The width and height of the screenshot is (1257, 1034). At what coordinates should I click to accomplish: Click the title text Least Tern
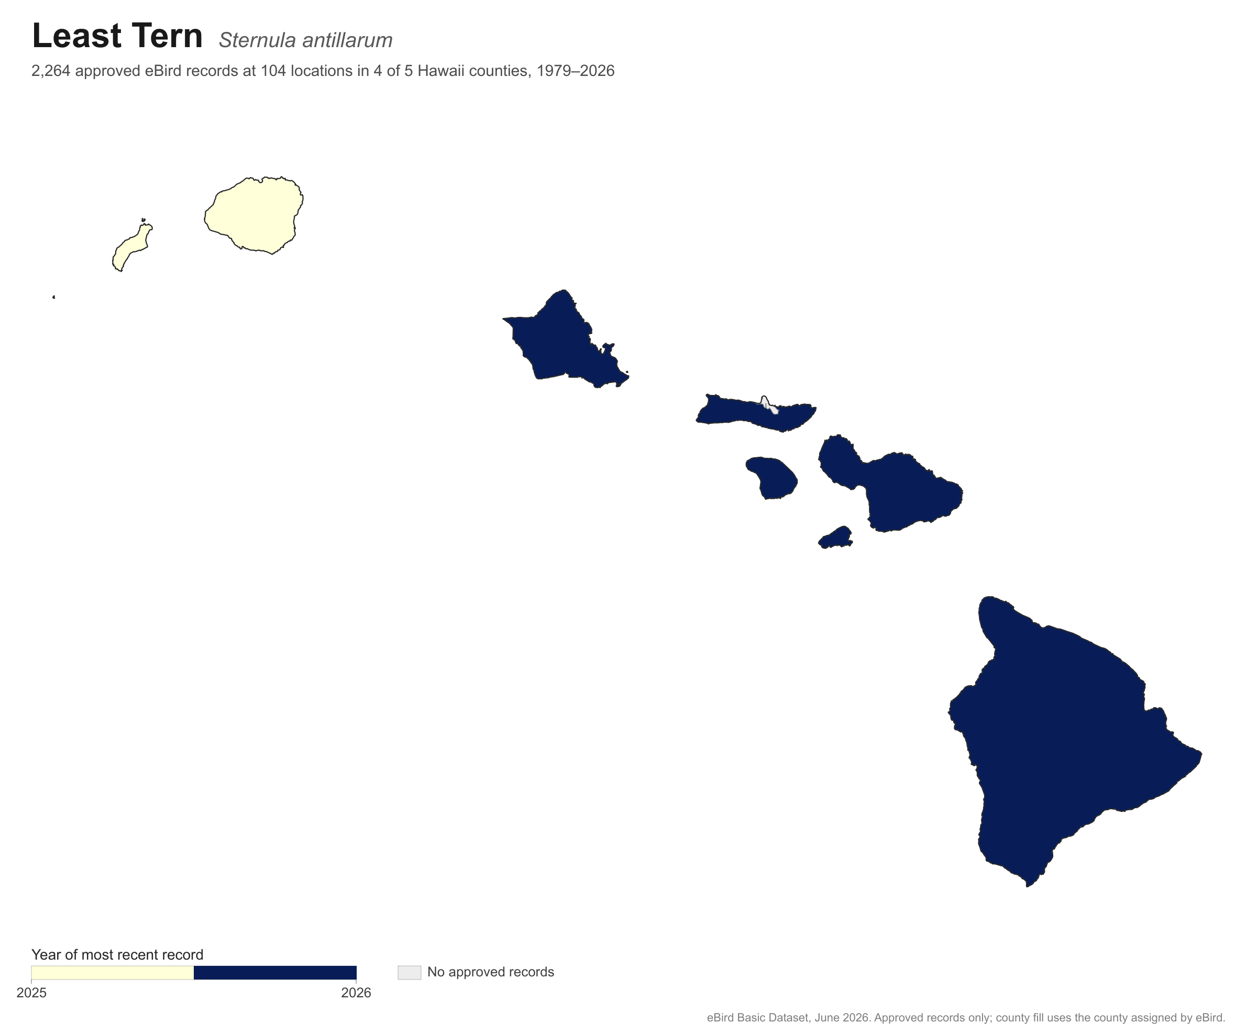(117, 36)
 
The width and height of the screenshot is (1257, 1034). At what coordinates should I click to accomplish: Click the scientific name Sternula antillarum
(305, 40)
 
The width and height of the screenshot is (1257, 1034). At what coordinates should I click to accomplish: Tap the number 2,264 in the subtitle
(51, 71)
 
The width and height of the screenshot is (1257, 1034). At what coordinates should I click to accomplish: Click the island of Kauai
(254, 215)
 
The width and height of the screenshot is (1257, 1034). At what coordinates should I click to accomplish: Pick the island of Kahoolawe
(836, 538)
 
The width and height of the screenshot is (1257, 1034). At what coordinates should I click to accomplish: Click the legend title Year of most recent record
(117, 955)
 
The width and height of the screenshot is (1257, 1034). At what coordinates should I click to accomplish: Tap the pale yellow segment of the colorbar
(113, 973)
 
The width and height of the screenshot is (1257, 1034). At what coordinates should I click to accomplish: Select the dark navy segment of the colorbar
(275, 973)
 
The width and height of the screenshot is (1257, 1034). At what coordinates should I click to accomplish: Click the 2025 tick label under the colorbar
(31, 993)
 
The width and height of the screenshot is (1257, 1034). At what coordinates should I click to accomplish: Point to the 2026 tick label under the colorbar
(356, 993)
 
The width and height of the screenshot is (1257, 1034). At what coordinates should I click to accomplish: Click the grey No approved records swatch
(410, 973)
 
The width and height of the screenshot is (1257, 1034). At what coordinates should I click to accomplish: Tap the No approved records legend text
(491, 972)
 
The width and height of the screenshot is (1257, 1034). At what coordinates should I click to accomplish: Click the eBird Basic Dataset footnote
(966, 1018)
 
